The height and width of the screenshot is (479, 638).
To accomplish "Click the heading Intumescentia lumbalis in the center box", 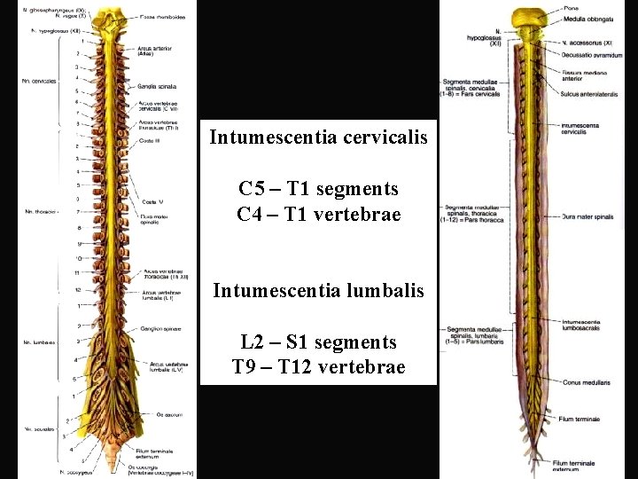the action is click(x=319, y=290).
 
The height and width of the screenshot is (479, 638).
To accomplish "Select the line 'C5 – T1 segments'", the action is click(x=319, y=189).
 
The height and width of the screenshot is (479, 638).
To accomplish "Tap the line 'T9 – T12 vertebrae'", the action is click(x=319, y=366).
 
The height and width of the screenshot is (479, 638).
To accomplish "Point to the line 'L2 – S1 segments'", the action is click(x=319, y=342).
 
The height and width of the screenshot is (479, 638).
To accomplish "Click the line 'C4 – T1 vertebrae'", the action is click(x=319, y=214).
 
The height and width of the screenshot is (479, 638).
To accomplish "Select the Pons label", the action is click(x=570, y=9).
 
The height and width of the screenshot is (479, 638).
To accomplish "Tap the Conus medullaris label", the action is click(x=585, y=382).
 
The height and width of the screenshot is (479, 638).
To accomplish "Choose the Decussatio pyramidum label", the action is click(x=590, y=54).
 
